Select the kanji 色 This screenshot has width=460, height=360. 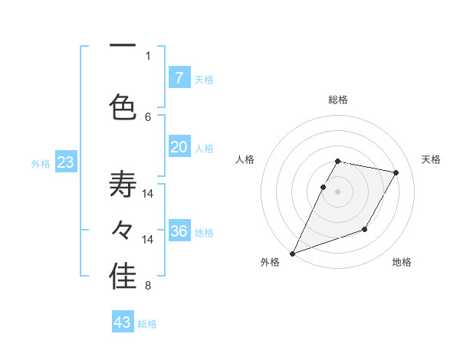pos(123,106)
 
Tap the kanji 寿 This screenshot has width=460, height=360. pos(123,185)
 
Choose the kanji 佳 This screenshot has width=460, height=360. pos(123,278)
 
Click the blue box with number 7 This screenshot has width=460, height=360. pos(179,77)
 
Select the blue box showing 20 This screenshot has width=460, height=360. pos(179,147)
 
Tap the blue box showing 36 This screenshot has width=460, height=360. pos(179,231)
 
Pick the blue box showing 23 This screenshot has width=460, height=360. pos(65,162)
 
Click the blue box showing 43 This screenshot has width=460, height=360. pos(123,322)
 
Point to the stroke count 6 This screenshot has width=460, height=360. pos(148,116)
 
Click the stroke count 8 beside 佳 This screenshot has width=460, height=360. pos(148,286)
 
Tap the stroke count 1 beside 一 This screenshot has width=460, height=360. pos(148,55)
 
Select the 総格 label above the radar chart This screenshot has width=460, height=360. pos(338,100)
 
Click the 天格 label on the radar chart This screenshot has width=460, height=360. pos(432,159)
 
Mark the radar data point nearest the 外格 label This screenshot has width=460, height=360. pos(292,253)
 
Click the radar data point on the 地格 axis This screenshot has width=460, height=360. pos(365,229)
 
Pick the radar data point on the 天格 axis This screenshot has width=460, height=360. pos(396,173)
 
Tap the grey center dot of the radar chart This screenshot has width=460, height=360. pos(338,191)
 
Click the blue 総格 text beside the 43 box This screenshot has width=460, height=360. pos(147,323)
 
